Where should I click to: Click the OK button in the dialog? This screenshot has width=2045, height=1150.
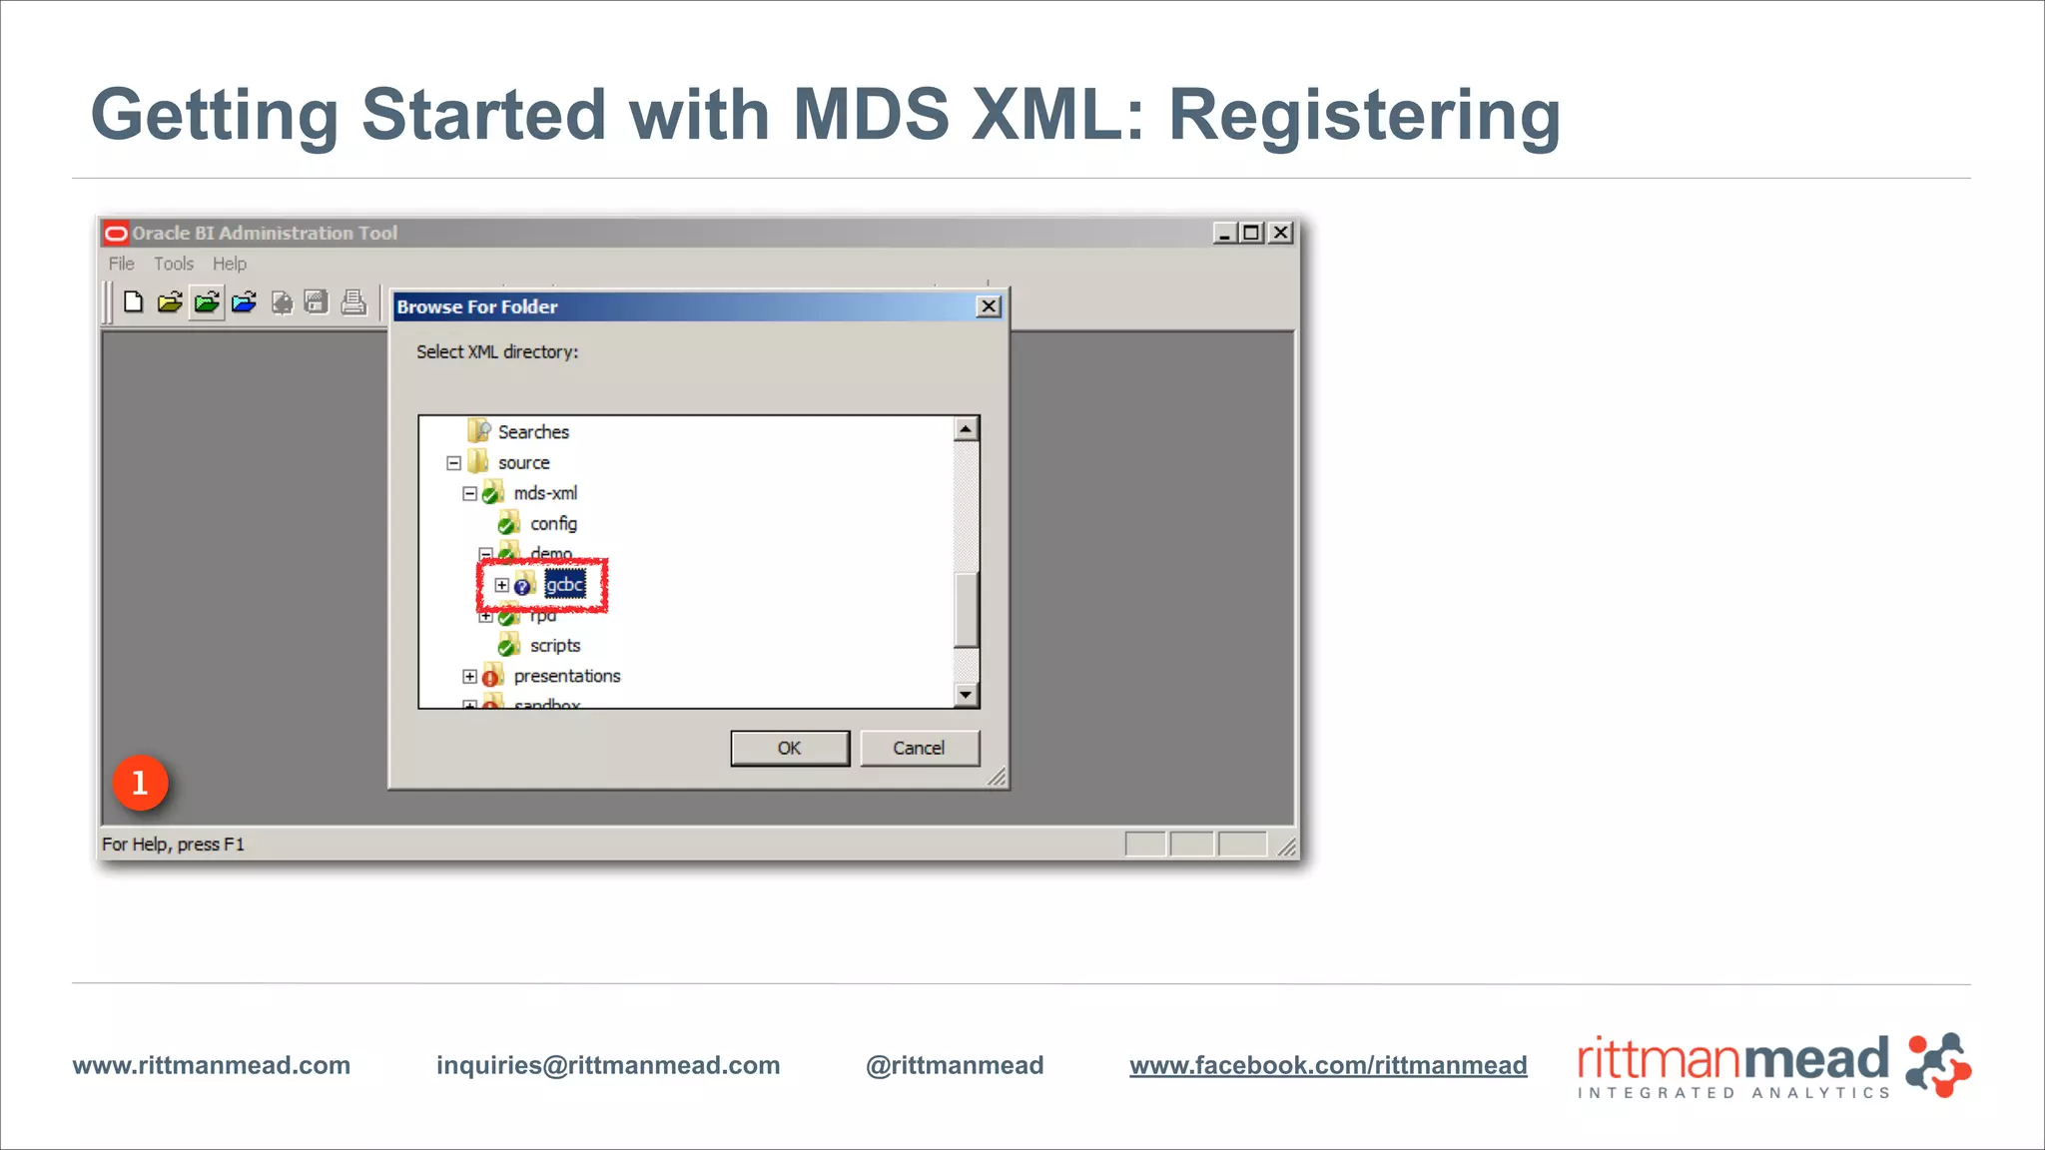[790, 748]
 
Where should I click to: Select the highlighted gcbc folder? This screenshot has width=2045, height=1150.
[565, 585]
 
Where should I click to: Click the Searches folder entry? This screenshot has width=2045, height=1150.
[533, 432]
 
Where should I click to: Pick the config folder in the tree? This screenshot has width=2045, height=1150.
[553, 524]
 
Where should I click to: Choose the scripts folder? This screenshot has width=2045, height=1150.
[555, 646]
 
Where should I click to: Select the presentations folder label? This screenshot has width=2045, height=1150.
[567, 676]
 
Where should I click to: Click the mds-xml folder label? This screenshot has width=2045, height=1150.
[545, 493]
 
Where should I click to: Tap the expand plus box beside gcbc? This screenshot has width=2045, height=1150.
[501, 585]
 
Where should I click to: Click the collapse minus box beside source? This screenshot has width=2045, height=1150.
[453, 463]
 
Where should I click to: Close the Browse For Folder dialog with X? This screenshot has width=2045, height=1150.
[989, 306]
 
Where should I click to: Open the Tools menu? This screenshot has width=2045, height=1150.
[174, 264]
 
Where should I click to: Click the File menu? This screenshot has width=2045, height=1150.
[121, 264]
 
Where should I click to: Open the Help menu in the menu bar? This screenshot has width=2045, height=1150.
[229, 264]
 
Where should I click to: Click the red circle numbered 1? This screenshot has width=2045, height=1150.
[140, 783]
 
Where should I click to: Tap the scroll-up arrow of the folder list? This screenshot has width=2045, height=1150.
[966, 429]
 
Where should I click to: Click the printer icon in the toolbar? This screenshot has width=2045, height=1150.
[353, 301]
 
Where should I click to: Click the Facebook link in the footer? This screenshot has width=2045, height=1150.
[1328, 1065]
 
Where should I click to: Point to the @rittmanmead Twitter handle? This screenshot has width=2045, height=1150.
[955, 1065]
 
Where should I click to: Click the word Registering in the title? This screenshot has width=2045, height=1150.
[1364, 115]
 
